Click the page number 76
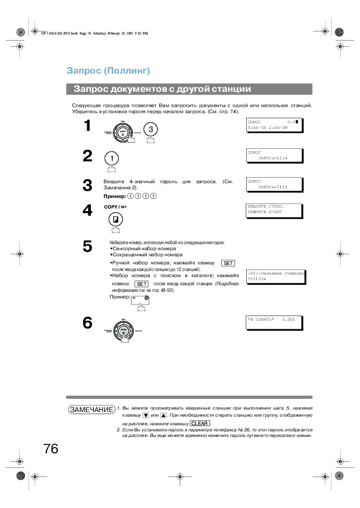pos(51,449)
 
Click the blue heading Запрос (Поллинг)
pos(108,71)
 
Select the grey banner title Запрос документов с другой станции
pos(162,89)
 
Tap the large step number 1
pos(87,125)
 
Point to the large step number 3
pos(87,186)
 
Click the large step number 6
pos(87,323)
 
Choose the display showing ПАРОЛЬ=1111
pos(274,184)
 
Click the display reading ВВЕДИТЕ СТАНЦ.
pos(274,210)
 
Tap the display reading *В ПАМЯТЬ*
pos(274,322)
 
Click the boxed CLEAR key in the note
pos(200,423)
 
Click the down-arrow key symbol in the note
pos(146,415)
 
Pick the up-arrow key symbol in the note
pos(163,415)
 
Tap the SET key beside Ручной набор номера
pos(228,263)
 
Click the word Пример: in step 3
pos(115,196)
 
